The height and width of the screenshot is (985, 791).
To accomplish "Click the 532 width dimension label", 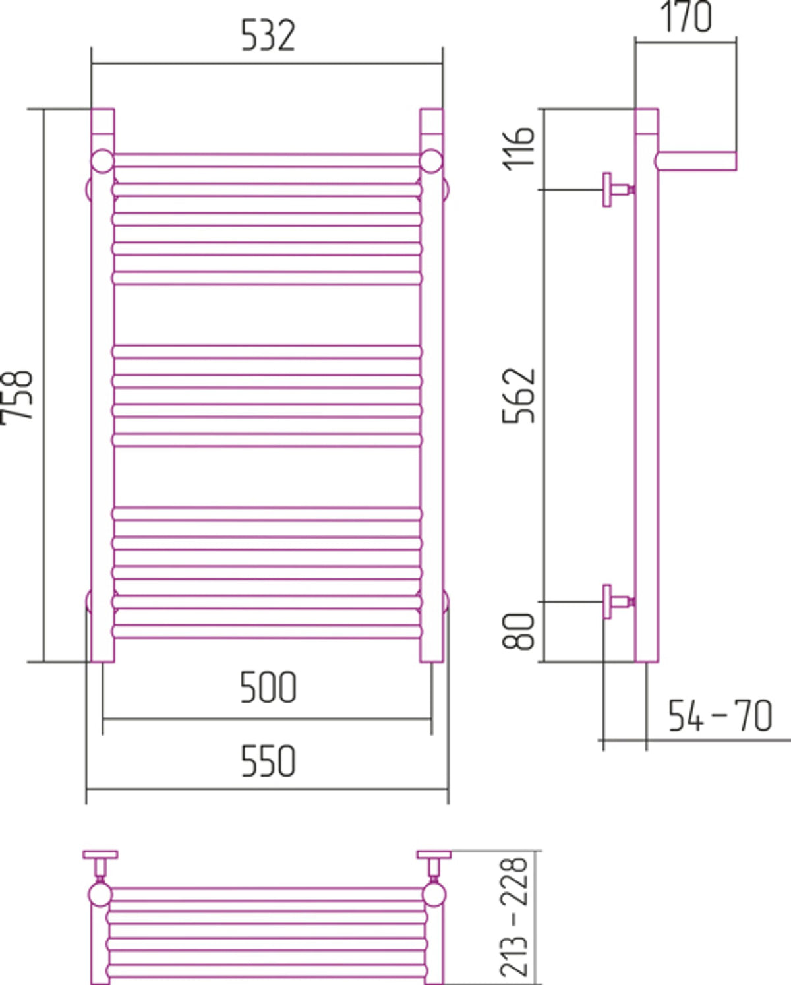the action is (268, 36).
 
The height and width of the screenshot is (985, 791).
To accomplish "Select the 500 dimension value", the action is (268, 688).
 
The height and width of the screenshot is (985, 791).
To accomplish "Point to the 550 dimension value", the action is (268, 761).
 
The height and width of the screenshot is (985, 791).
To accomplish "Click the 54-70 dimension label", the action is (720, 715).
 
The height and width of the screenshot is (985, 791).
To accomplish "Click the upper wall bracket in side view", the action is (618, 189).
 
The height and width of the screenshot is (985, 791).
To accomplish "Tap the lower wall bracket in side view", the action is (618, 601).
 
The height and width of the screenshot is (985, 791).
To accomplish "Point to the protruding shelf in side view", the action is (696, 161).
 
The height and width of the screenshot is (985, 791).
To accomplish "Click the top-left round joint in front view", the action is (103, 161).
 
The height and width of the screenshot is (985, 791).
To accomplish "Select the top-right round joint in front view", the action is (431, 161).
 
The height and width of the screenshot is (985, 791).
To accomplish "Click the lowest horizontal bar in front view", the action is (267, 632).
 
